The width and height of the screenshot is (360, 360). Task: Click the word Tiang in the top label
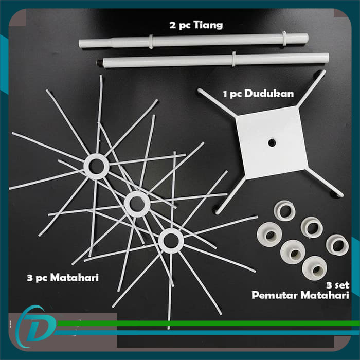(x=208, y=25)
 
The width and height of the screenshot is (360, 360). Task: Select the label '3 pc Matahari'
(x=63, y=278)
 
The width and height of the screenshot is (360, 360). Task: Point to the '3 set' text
(x=337, y=285)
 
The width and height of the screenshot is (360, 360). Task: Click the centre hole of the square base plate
(x=272, y=143)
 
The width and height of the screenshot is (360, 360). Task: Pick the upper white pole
(x=193, y=41)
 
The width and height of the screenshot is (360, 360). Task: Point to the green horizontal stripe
(x=208, y=323)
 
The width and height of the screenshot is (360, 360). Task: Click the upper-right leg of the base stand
(x=312, y=88)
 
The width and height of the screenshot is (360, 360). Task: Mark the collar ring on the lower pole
(x=233, y=59)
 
